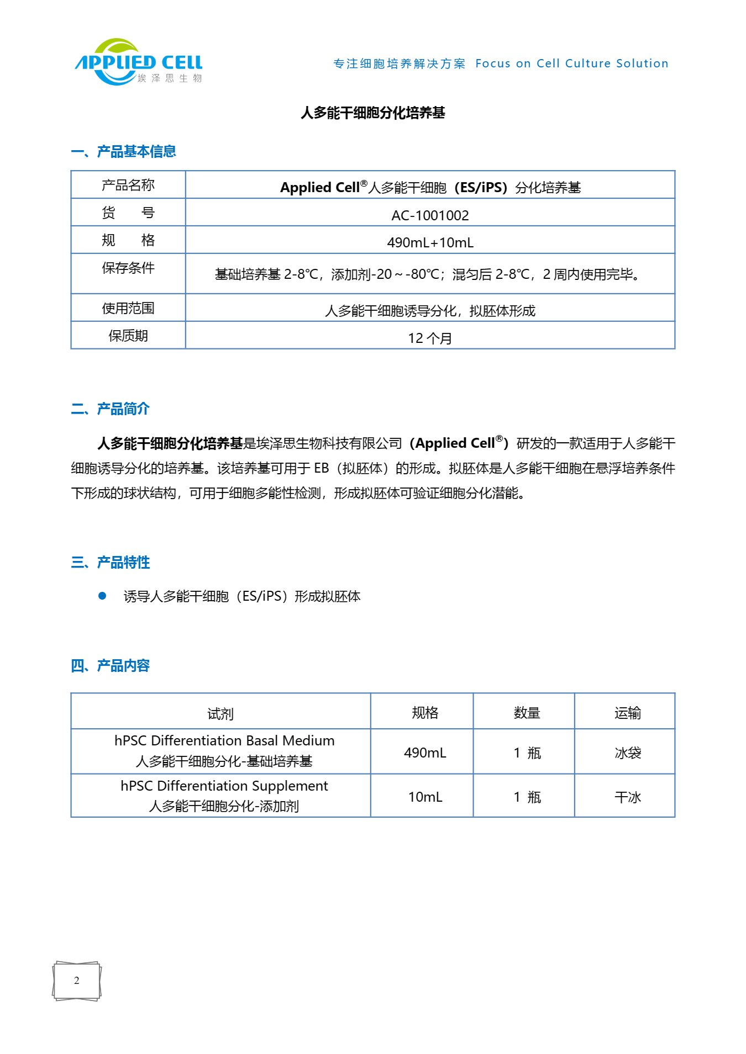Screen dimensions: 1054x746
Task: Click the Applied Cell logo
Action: [138, 62]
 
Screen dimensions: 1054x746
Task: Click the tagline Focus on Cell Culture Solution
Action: [571, 63]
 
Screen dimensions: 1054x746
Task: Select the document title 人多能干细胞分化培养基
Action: [372, 113]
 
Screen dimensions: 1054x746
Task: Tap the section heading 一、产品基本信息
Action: [123, 151]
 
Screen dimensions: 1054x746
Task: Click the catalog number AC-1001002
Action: [430, 215]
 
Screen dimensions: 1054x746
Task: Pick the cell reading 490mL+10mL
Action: [430, 242]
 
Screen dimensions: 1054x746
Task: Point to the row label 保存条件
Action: [128, 268]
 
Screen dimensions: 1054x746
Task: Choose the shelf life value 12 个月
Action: [430, 338]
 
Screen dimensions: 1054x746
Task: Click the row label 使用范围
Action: [128, 308]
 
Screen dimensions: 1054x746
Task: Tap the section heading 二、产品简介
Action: [110, 409]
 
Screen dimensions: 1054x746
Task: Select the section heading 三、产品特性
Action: [110, 562]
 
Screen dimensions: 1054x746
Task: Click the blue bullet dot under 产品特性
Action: [102, 596]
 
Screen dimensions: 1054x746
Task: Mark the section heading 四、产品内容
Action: [110, 665]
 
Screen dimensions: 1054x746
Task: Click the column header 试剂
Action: [220, 713]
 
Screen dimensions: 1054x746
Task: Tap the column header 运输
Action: [628, 713]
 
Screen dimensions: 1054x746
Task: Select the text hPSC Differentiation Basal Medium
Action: [224, 740]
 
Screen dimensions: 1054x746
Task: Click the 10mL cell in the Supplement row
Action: [425, 797]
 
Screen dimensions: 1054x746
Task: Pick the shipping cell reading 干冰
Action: [628, 797]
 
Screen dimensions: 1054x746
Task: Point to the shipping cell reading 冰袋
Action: [628, 753]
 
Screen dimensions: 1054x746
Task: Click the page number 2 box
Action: [77, 981]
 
